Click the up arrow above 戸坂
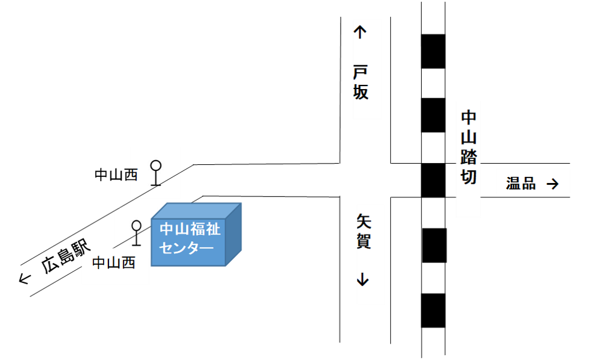click(x=360, y=32)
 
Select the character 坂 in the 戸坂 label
click(x=361, y=93)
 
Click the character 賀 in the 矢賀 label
click(x=364, y=241)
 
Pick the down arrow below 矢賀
click(x=363, y=279)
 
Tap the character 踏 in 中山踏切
click(x=468, y=157)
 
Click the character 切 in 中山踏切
click(x=468, y=177)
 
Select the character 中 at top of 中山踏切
click(x=468, y=117)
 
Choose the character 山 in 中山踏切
click(x=468, y=137)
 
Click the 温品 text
click(x=521, y=184)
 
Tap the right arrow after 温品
click(x=552, y=184)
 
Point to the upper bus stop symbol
click(x=156, y=173)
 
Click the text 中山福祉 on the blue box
click(x=190, y=230)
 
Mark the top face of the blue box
click(x=197, y=210)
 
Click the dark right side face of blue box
click(x=233, y=235)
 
